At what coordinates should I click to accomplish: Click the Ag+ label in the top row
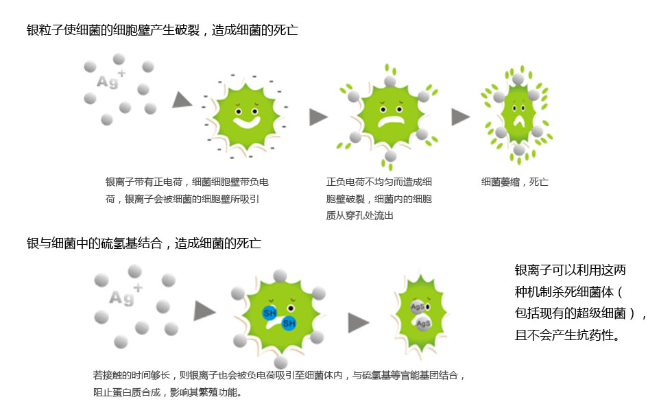111,79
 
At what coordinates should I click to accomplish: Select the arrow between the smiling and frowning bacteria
318,117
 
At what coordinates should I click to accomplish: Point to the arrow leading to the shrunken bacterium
461,117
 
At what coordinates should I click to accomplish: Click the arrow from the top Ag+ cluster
182,101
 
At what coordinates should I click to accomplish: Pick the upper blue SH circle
269,313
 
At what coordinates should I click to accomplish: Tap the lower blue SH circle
289,323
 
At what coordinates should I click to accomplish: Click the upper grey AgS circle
418,307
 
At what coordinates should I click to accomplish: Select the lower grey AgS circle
424,324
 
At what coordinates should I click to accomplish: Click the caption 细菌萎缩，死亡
515,182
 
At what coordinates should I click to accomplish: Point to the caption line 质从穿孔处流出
359,215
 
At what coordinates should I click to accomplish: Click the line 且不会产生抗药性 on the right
568,335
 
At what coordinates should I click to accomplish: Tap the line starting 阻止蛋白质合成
167,392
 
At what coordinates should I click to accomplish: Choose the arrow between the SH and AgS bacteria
359,323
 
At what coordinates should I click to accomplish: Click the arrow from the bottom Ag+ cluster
205,311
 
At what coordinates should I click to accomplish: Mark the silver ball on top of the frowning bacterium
390,81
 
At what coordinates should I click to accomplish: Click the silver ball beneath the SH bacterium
280,362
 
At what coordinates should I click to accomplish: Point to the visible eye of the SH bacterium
291,308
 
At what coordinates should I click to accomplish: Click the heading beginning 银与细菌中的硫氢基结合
144,243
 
